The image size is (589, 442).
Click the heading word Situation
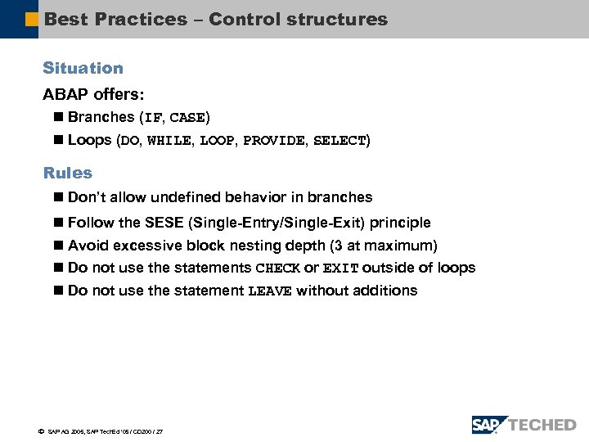(83, 69)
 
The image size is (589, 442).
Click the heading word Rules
(67, 174)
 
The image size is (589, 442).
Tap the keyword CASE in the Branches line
(188, 118)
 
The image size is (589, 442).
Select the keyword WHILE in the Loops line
(169, 141)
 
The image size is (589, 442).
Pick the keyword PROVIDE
(274, 141)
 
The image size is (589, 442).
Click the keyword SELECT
(339, 141)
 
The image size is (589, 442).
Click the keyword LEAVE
(269, 291)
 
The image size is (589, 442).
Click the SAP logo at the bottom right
(489, 425)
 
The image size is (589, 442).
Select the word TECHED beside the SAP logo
(542, 425)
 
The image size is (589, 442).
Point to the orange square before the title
(32, 19)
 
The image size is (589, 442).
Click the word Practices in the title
(141, 19)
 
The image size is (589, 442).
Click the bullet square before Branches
(57, 118)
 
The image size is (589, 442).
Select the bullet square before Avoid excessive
(57, 246)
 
